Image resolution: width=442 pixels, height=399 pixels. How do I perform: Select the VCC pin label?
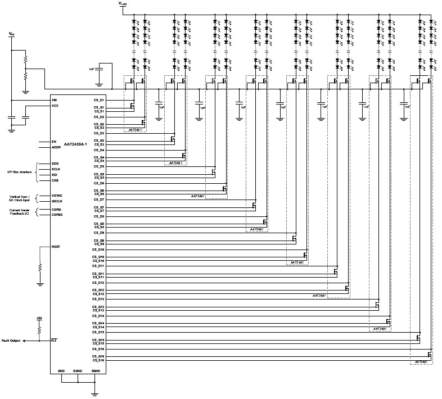pos(55,106)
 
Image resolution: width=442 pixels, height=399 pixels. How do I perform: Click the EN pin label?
pos(54,142)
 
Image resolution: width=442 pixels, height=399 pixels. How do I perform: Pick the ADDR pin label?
pos(55,147)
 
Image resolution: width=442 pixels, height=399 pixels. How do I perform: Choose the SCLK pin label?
pos(55,169)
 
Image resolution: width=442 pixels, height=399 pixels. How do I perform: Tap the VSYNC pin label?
pos(56,196)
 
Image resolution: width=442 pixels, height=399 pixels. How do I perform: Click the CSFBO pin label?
pos(56,214)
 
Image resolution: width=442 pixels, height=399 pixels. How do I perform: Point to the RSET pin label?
pos(55,246)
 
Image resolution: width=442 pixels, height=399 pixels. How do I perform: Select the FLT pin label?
pos(54,341)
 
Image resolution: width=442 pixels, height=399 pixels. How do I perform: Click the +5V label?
pos(39,319)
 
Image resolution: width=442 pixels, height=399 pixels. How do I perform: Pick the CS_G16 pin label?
pos(98,356)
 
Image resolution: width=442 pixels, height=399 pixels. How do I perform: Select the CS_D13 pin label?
pos(98,299)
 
